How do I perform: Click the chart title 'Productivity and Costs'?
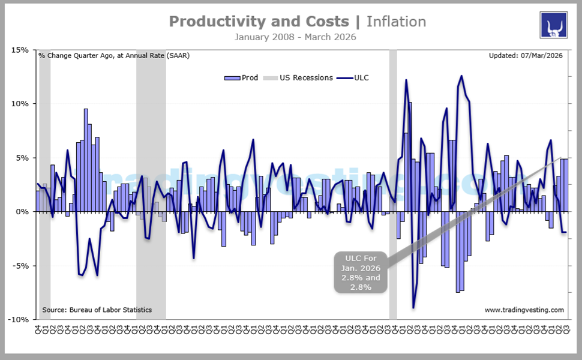click(x=258, y=22)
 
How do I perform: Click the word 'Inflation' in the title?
click(x=396, y=22)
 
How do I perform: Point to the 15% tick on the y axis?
click(x=20, y=50)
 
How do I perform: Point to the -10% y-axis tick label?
click(x=19, y=320)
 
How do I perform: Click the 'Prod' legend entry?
click(x=242, y=77)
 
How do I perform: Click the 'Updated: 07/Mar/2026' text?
click(x=526, y=56)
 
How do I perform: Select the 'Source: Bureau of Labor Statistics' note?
click(x=97, y=310)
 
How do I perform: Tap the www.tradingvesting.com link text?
click(x=524, y=310)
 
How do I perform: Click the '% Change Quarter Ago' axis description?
click(x=114, y=56)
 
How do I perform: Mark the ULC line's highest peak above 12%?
click(x=461, y=76)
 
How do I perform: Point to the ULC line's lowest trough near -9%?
click(x=413, y=308)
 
